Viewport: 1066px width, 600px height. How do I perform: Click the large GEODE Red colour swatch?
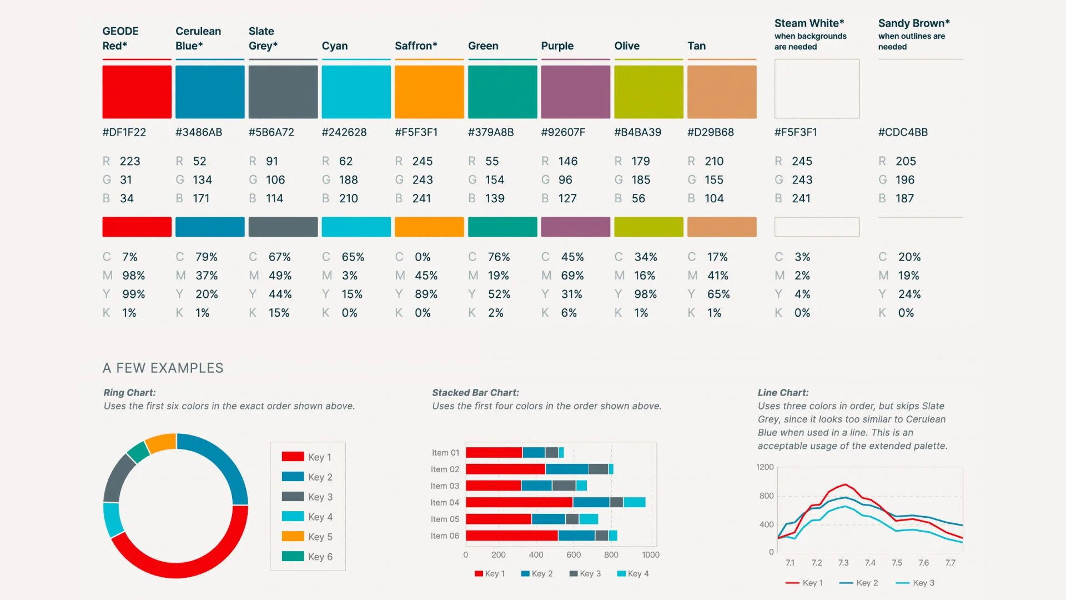tap(137, 92)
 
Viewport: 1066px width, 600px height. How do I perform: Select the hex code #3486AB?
tap(199, 132)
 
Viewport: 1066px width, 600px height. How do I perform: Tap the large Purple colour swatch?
tap(575, 92)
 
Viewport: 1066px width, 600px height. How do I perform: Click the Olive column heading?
tap(627, 46)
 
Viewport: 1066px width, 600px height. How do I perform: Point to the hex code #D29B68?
tap(711, 132)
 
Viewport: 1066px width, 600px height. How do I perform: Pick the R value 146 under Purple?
tap(568, 161)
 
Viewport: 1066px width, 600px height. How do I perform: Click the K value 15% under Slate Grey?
tap(279, 313)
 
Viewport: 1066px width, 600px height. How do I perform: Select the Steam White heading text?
tap(809, 23)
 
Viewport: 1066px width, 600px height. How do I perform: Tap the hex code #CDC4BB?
tap(903, 132)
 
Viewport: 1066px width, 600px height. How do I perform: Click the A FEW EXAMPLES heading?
tap(163, 368)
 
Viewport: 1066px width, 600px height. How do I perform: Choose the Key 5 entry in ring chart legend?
tap(320, 537)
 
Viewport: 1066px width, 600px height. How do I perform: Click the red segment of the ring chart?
tap(178, 567)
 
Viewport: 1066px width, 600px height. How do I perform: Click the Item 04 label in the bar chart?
tap(445, 503)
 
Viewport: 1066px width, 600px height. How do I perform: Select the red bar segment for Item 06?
tap(511, 536)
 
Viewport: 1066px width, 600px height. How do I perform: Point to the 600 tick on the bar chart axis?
tap(574, 554)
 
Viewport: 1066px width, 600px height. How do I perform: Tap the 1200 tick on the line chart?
tap(765, 467)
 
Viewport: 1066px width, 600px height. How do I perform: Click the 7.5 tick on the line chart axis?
tap(897, 563)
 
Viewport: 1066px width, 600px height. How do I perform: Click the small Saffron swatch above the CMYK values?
tap(429, 227)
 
